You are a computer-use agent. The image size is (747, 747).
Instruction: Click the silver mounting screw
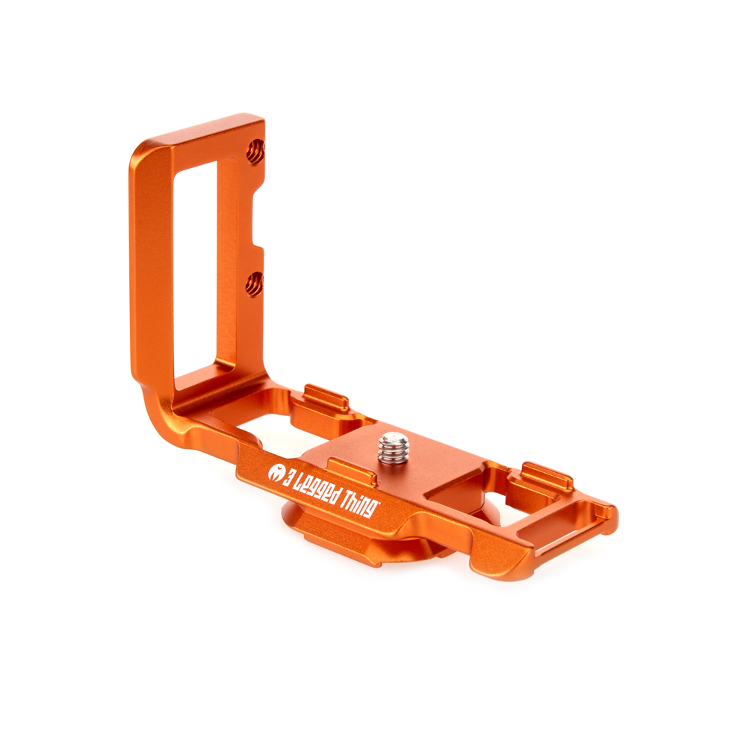[394, 447]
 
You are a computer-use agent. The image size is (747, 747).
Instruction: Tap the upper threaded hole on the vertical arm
[255, 152]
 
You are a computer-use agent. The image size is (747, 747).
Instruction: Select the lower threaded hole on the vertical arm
[255, 284]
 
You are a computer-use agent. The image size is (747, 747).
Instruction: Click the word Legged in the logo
[317, 489]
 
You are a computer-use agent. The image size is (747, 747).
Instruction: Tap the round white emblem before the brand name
[275, 472]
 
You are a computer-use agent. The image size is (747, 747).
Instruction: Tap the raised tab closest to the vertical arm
[326, 397]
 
